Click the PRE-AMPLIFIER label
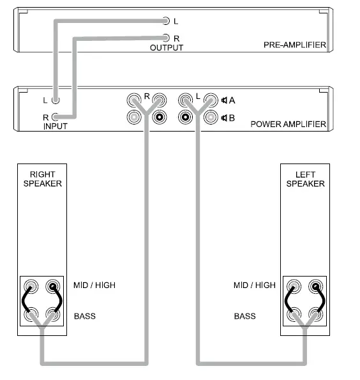pyautogui.click(x=294, y=45)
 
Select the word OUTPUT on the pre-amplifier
pyautogui.click(x=166, y=48)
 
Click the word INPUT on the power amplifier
pyautogui.click(x=56, y=126)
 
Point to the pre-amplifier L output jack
pyautogui.click(x=166, y=21)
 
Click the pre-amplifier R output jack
pyautogui.click(x=166, y=38)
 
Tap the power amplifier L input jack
pyautogui.click(x=56, y=100)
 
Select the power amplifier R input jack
pyautogui.click(x=56, y=117)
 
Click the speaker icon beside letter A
pyautogui.click(x=225, y=100)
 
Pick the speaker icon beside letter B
pyautogui.click(x=225, y=118)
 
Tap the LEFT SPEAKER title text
pyautogui.click(x=305, y=179)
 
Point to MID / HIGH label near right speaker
pyautogui.click(x=94, y=285)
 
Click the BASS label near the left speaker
pyautogui.click(x=244, y=316)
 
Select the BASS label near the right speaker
pyautogui.click(x=85, y=316)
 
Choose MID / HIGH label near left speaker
pyautogui.click(x=254, y=285)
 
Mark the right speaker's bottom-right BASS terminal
pyautogui.click(x=53, y=314)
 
